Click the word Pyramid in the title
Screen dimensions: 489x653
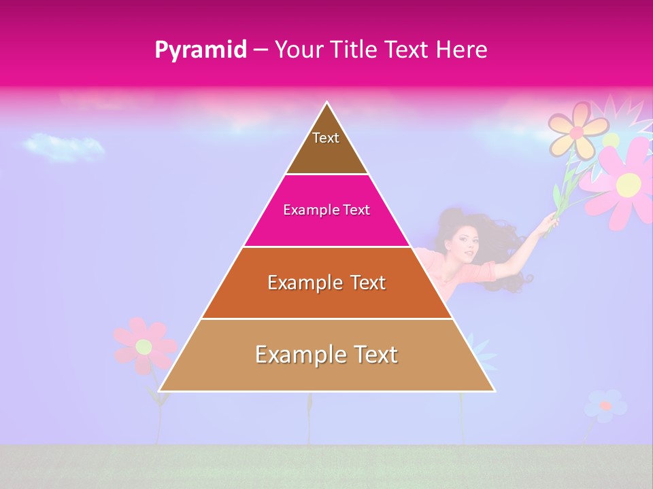pos(201,50)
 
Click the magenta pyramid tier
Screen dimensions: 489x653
pos(326,211)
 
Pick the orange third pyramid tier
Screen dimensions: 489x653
pos(326,283)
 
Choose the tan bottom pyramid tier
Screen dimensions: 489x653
pos(326,355)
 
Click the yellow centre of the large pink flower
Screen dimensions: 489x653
pos(629,183)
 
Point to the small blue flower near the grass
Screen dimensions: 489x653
pos(605,405)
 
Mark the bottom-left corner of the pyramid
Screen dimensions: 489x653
pos(160,391)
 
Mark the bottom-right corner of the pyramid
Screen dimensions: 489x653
pos(494,391)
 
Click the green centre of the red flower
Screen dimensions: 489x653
pos(144,346)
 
